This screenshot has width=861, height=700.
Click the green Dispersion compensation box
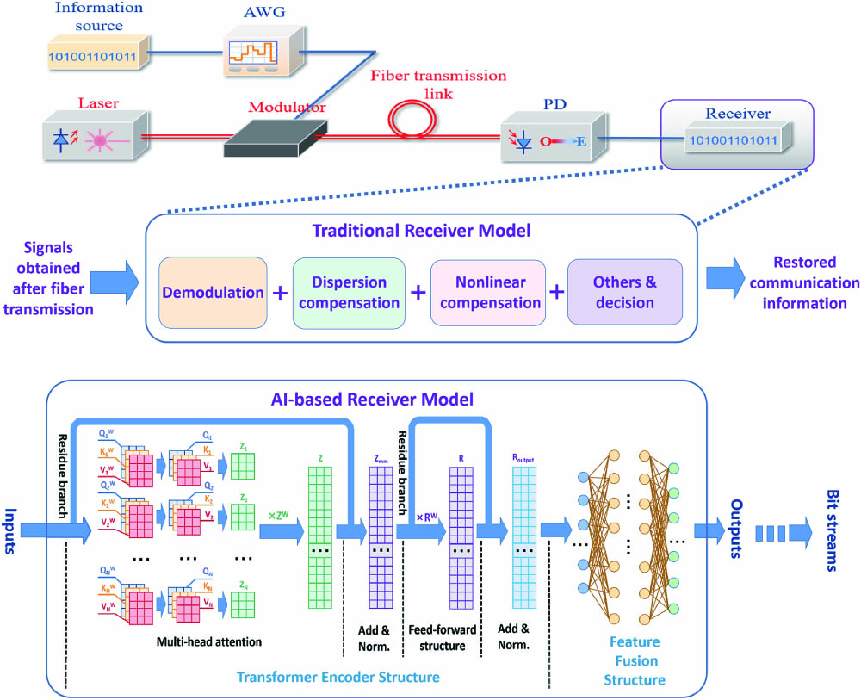point(348,293)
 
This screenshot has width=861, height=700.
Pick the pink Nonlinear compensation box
point(486,293)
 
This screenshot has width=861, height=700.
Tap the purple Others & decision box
point(623,293)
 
